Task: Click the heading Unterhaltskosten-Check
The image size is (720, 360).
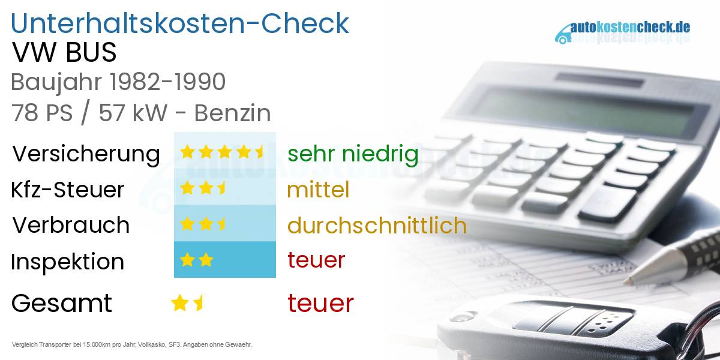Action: pyautogui.click(x=180, y=23)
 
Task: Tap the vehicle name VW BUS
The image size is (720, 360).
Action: pyautogui.click(x=64, y=52)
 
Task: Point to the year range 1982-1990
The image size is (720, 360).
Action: pyautogui.click(x=167, y=82)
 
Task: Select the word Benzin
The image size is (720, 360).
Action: pyautogui.click(x=233, y=113)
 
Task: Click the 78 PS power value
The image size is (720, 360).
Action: pyautogui.click(x=42, y=113)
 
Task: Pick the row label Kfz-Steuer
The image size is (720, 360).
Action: pyautogui.click(x=67, y=190)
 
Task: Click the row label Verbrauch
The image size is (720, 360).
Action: pyautogui.click(x=71, y=224)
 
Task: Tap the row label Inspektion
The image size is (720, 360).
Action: pyautogui.click(x=67, y=262)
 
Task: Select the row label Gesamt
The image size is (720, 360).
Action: pyautogui.click(x=62, y=303)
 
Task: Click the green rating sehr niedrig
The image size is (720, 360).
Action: pyautogui.click(x=353, y=154)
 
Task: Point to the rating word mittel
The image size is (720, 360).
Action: pyautogui.click(x=318, y=190)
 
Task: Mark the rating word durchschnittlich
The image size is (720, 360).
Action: pyautogui.click(x=377, y=224)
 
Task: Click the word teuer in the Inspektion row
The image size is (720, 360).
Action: pyautogui.click(x=316, y=260)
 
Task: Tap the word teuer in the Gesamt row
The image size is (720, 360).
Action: pyautogui.click(x=320, y=303)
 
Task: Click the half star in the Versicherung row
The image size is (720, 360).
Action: pyautogui.click(x=260, y=152)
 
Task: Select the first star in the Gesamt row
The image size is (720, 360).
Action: pyautogui.click(x=179, y=303)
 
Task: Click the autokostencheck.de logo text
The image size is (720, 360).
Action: pyautogui.click(x=631, y=28)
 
